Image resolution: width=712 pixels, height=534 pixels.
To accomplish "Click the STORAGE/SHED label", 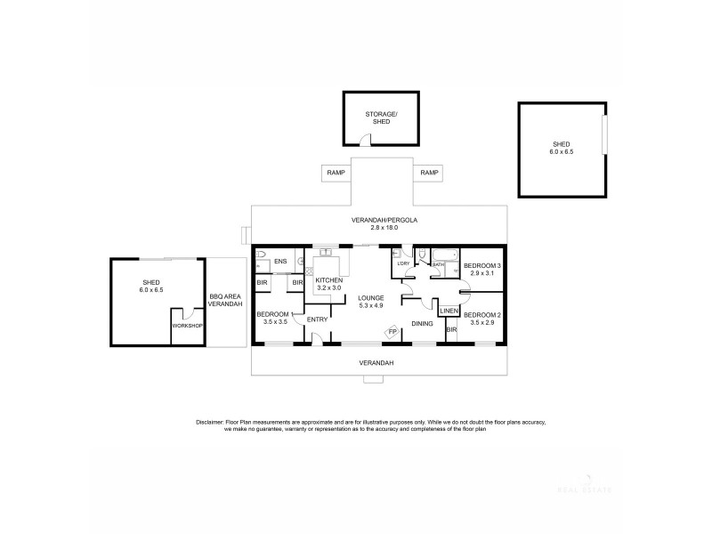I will tap(381, 117).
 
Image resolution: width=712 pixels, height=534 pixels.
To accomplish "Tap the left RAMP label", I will tap(336, 173).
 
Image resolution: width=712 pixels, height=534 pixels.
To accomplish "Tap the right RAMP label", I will tap(430, 173).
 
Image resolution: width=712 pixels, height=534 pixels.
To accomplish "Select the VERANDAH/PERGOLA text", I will tap(383, 219).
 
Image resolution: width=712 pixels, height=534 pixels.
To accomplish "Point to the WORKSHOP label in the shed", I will tap(187, 326).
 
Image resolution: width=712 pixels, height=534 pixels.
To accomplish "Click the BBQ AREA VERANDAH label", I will tap(225, 300).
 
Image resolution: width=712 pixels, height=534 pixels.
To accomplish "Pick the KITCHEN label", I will tap(328, 280).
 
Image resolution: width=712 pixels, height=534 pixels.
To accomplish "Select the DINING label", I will tap(421, 323).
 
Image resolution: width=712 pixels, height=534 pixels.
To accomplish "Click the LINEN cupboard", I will tap(449, 311).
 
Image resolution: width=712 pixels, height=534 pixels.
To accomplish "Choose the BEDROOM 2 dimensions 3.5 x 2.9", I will tap(481, 323).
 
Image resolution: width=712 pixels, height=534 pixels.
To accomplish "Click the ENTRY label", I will tap(318, 319).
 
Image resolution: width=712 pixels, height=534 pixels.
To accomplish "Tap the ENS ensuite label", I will tap(280, 261).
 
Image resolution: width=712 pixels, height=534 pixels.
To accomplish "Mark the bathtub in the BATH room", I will tap(442, 254).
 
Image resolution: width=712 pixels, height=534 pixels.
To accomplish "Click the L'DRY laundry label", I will tap(402, 263).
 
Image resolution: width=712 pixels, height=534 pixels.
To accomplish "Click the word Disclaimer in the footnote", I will tap(210, 421).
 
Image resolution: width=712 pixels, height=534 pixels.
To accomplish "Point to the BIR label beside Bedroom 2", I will tap(451, 330).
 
